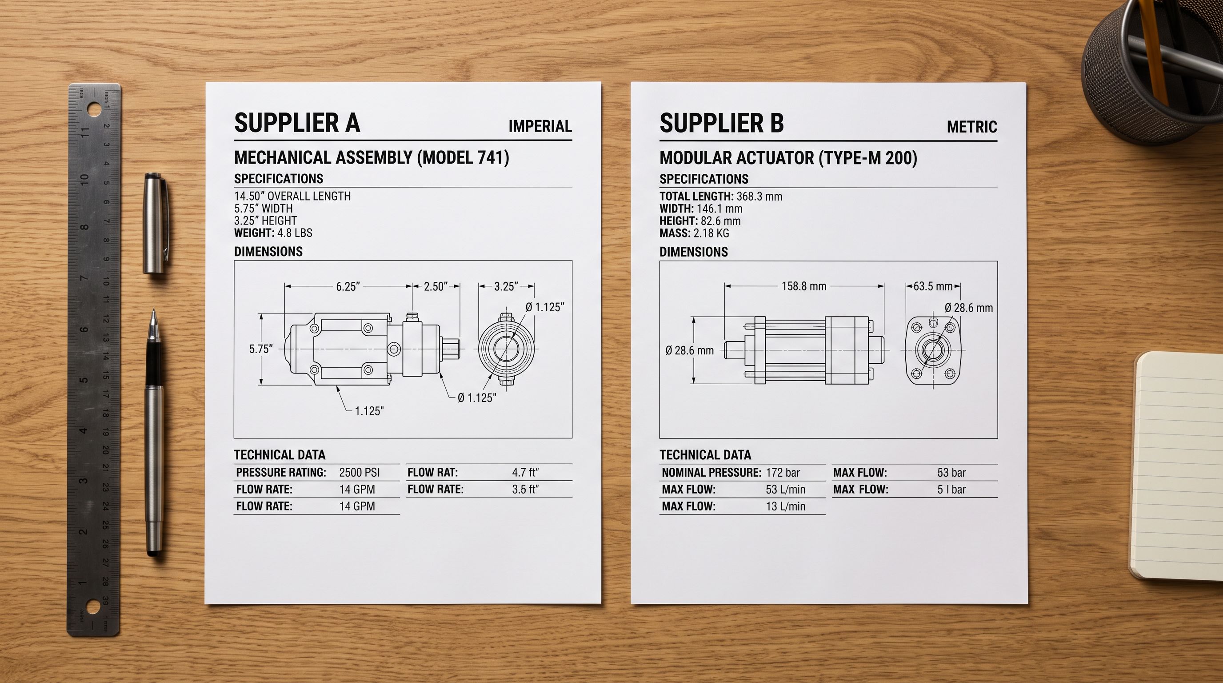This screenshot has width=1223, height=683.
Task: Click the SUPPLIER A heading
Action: click(297, 123)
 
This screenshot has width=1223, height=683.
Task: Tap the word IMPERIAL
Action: click(540, 126)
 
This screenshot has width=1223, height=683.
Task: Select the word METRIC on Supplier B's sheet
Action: click(972, 127)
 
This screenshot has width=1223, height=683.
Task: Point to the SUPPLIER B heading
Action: click(722, 123)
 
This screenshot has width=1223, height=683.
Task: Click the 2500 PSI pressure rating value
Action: click(360, 473)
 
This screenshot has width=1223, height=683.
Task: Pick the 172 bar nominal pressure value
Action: click(783, 473)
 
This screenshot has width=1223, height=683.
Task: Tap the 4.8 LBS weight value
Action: click(295, 233)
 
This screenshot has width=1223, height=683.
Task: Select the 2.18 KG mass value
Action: click(711, 233)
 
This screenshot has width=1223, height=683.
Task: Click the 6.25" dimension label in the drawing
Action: click(348, 286)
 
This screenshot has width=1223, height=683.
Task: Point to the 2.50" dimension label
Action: click(436, 286)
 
